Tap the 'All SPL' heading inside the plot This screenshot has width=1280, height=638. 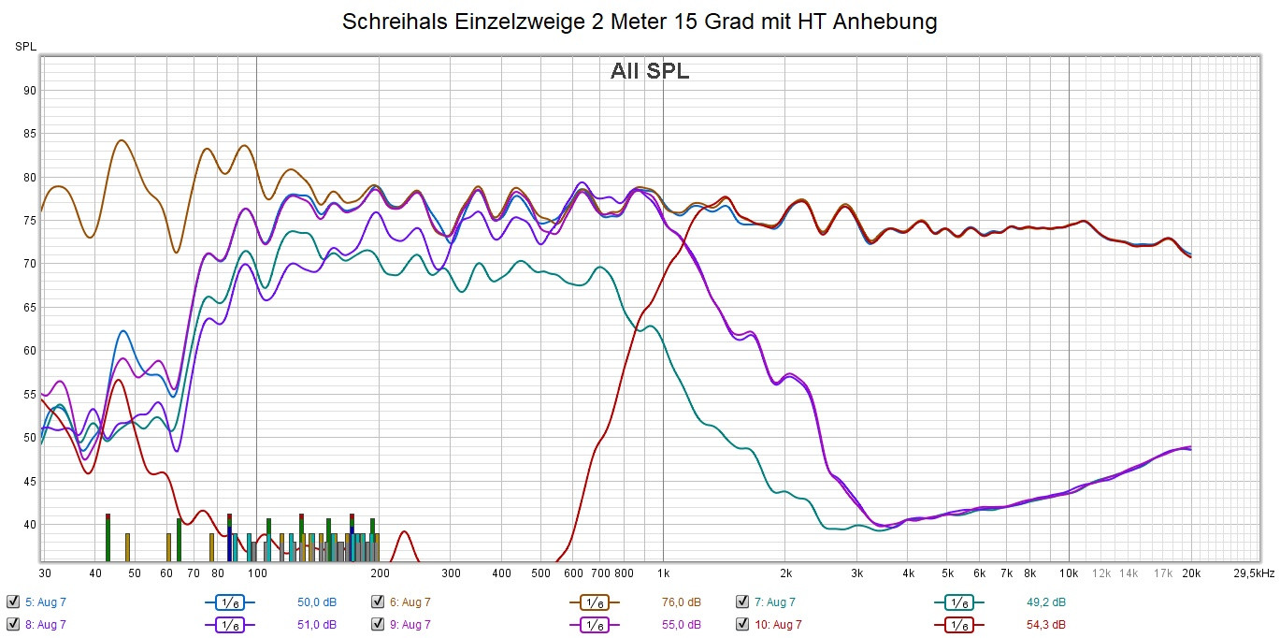650,71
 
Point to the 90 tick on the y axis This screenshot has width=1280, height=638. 30,91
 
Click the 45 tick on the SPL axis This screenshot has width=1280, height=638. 30,481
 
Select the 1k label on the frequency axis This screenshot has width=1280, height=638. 663,573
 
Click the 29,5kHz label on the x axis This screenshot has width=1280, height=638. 1252,573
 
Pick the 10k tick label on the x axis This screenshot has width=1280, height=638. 1069,573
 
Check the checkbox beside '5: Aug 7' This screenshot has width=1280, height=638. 12,602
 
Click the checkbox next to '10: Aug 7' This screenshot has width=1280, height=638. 742,624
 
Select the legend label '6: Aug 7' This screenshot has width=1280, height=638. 410,602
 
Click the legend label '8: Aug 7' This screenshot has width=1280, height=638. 45,624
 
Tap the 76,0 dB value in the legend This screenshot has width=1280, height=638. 681,602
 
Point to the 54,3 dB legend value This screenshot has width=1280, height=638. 1045,624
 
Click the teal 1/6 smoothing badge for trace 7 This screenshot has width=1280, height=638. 958,602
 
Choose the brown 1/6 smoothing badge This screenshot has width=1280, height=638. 595,602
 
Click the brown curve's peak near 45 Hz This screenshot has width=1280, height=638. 122,140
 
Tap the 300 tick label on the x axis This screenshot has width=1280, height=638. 452,573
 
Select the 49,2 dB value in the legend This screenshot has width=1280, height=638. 1045,602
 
